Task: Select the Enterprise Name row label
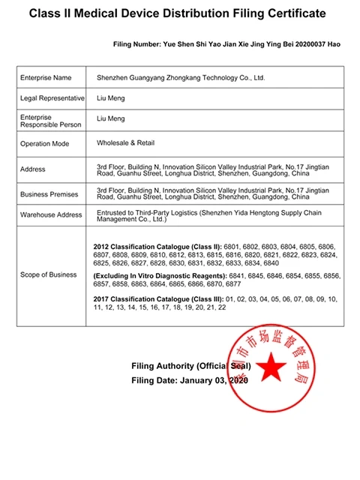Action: pos(46,77)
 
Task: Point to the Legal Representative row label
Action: pos(50,98)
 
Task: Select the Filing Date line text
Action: pos(189,380)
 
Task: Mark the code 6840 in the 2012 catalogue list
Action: pos(271,263)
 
